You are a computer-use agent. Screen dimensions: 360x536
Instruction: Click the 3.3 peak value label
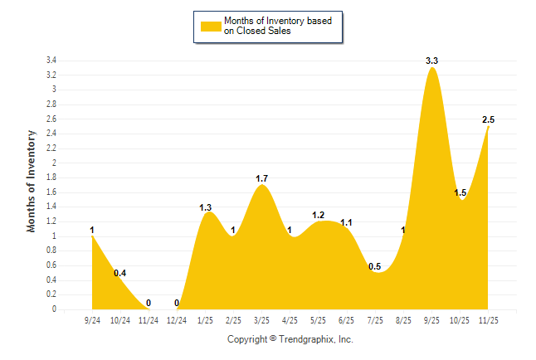(x=431, y=61)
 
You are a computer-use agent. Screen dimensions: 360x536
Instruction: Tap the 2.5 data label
(x=489, y=120)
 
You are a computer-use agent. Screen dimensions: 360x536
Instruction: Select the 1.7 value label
(x=261, y=178)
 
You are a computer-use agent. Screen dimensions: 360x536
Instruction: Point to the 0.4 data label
(x=120, y=273)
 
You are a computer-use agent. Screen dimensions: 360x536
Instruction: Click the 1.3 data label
(x=207, y=207)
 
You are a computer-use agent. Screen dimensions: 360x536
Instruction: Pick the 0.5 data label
(x=375, y=266)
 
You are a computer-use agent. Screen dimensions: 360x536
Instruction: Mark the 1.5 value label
(x=460, y=193)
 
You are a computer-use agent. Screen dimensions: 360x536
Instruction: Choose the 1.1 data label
(x=347, y=222)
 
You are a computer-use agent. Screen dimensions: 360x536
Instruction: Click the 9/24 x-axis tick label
(x=92, y=319)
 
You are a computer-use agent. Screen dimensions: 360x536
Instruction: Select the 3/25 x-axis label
(x=262, y=319)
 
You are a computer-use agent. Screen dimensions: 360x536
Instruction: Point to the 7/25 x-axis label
(x=375, y=319)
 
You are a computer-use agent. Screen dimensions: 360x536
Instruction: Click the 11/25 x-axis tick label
(x=489, y=319)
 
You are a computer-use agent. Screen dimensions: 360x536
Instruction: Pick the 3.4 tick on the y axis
(x=51, y=61)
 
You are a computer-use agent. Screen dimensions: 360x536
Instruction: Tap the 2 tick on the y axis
(x=54, y=163)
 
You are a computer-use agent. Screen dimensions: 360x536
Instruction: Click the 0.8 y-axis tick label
(x=51, y=251)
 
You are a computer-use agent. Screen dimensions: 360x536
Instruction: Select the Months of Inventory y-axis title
(x=32, y=181)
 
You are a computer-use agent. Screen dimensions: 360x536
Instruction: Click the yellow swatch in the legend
(x=210, y=27)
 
